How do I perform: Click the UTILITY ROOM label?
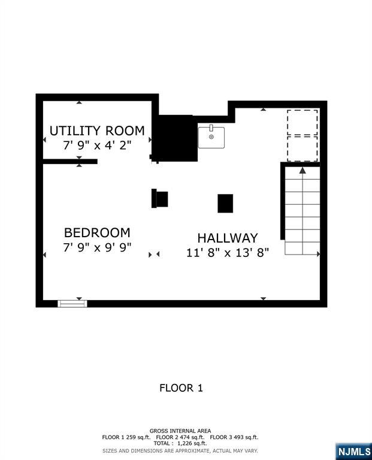coord(97,131)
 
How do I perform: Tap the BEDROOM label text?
coord(97,232)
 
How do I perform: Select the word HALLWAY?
coord(228,238)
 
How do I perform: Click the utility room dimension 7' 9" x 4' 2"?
coord(97,145)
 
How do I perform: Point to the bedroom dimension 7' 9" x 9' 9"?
coord(97,247)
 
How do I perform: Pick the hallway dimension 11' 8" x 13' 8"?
coord(228,252)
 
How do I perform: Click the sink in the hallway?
coord(211,137)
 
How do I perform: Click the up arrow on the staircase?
coord(303,171)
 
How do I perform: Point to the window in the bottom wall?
coord(72,304)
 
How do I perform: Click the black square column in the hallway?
coord(225,203)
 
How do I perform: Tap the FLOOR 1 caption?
coord(181,388)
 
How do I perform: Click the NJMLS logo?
coord(354,451)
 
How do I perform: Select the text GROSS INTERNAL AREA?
coord(180,431)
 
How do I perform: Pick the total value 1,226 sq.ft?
coord(192,443)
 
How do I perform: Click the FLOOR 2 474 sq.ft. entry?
coord(180,437)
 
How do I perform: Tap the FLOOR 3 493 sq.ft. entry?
coord(234,437)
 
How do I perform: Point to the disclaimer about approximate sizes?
coord(180,450)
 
